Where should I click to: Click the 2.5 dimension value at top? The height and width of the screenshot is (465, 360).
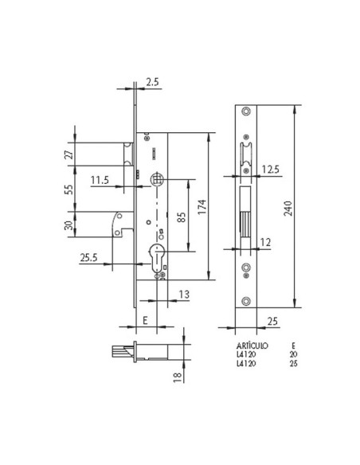[x=153, y=80]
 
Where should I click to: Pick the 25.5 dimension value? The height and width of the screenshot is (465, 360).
[x=88, y=256]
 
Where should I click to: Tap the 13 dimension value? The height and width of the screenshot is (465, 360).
[x=184, y=294]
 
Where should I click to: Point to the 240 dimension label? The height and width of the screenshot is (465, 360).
[x=299, y=209]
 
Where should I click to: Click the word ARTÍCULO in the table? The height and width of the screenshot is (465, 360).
[x=251, y=346]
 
